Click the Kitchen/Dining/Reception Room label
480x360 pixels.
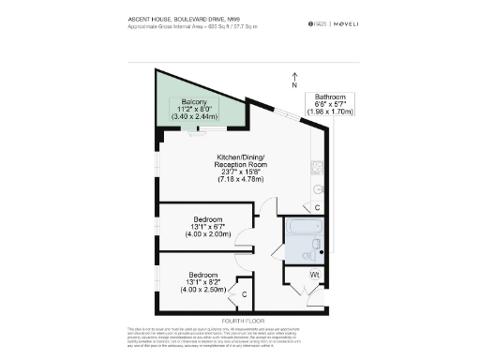pyautogui.click(x=241, y=159)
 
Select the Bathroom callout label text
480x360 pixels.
pyautogui.click(x=330, y=97)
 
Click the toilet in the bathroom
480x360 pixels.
pyautogui.click(x=315, y=246)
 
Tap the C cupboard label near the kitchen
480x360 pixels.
pyautogui.click(x=317, y=207)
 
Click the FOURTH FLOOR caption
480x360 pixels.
pyautogui.click(x=239, y=318)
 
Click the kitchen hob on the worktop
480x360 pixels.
pyautogui.click(x=317, y=170)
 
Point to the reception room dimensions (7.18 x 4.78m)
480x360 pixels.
pyautogui.click(x=241, y=178)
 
